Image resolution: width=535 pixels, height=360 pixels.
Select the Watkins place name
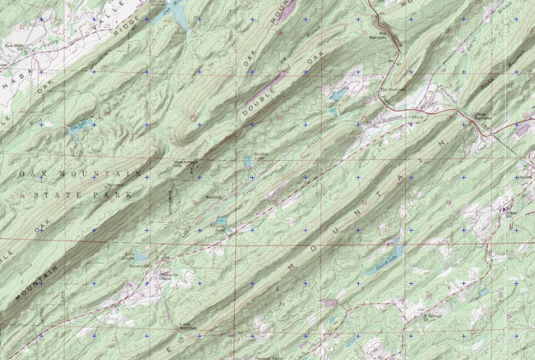[x=213, y=197]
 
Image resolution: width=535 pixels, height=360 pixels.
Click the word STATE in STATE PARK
[x=48, y=194]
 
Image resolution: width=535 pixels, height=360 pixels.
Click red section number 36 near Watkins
[x=194, y=201]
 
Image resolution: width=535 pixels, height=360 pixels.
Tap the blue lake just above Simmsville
[x=140, y=255]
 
